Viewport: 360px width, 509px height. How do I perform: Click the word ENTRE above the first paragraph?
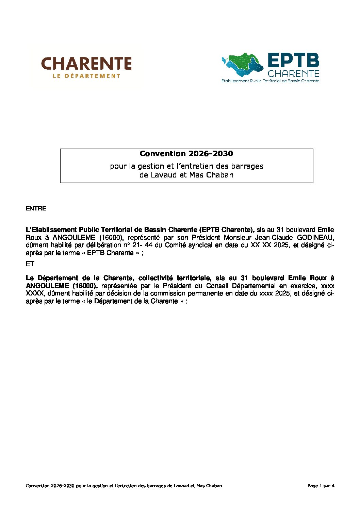pyautogui.click(x=36, y=208)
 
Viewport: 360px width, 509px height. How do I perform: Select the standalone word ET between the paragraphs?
pyautogui.click(x=30, y=264)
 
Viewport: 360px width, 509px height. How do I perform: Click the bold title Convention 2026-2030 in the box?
pyautogui.click(x=186, y=154)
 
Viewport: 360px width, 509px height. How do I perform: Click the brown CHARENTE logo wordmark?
pyautogui.click(x=86, y=64)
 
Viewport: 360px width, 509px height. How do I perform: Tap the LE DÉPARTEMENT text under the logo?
pyautogui.click(x=86, y=76)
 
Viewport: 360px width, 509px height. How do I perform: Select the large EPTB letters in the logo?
pyautogui.click(x=293, y=61)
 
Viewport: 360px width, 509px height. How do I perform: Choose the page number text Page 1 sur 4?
pyautogui.click(x=321, y=486)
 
